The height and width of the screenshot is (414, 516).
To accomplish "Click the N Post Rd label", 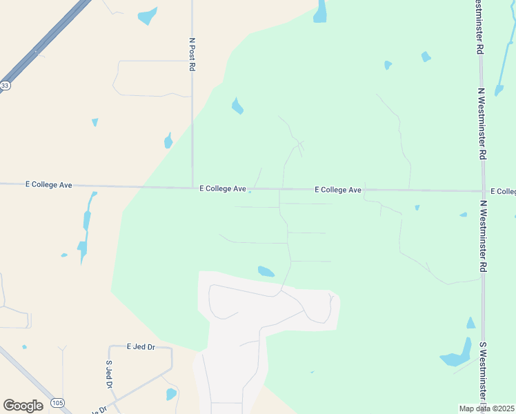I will [x=192, y=55].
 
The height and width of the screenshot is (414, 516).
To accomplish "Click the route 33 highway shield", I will [x=5, y=86].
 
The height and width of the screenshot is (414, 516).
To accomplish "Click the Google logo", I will [x=23, y=406].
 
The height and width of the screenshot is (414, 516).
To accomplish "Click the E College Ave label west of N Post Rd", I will [x=49, y=185].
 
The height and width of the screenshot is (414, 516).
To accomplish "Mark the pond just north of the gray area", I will [x=266, y=271].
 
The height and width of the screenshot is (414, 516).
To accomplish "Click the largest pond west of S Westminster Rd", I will [x=455, y=359].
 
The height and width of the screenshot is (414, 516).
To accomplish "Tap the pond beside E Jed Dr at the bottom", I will [x=171, y=394].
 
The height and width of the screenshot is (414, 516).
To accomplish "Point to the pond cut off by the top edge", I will [x=320, y=12].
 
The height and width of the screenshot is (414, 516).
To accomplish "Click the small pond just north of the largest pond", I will [x=470, y=323].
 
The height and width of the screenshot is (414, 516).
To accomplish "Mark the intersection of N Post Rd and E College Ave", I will [x=192, y=188].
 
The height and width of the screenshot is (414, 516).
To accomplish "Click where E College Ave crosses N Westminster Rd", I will [x=482, y=191].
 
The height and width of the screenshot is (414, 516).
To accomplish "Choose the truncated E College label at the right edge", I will [x=503, y=191].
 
